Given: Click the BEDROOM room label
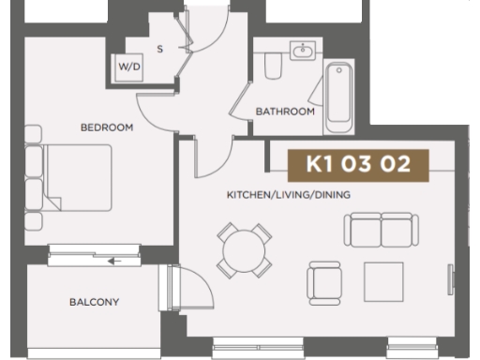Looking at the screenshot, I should [x=107, y=127].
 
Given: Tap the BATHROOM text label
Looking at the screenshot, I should [x=285, y=112].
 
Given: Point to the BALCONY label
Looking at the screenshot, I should [x=93, y=302].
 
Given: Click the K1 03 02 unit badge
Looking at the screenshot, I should [x=359, y=164].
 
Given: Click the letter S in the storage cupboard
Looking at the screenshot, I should [x=159, y=49].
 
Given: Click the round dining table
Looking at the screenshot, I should [x=245, y=249].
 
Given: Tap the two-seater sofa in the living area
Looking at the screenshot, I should [x=378, y=230].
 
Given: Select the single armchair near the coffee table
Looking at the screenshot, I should [x=324, y=280].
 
